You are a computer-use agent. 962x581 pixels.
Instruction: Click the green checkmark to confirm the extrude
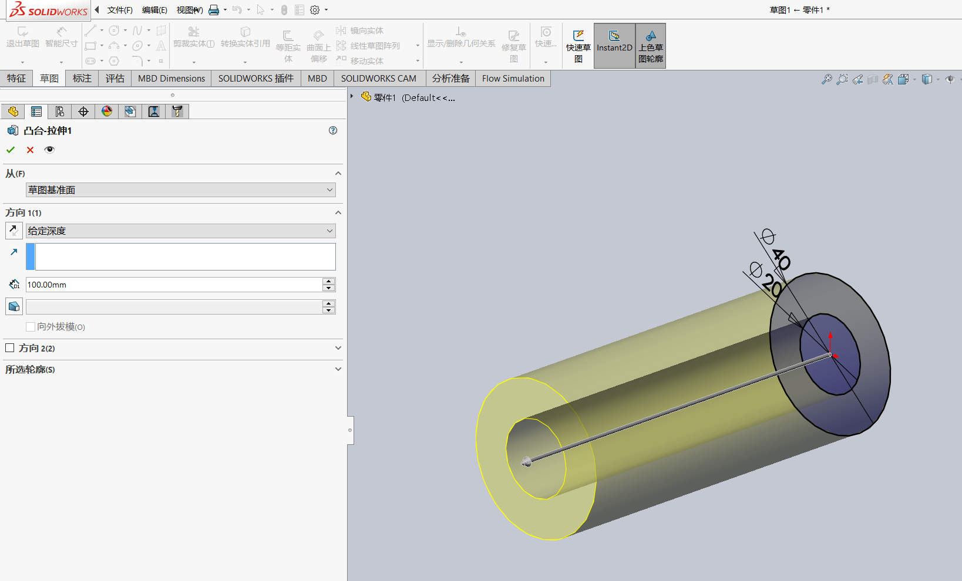click(x=11, y=150)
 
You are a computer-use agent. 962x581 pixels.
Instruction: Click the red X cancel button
click(x=30, y=150)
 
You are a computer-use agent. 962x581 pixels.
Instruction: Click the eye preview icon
click(x=49, y=150)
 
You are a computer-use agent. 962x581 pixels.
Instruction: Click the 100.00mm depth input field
click(x=174, y=285)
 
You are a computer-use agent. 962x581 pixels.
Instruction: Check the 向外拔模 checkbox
click(x=31, y=327)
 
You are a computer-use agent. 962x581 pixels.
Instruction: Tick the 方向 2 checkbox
click(x=10, y=348)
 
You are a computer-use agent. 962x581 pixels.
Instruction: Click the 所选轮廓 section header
click(x=31, y=370)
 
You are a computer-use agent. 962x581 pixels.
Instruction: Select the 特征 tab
click(x=16, y=79)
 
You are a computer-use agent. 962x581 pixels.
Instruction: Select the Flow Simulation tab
click(x=513, y=79)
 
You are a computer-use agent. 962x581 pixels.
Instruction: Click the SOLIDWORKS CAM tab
click(x=378, y=79)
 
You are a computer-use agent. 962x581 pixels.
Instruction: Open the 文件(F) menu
click(x=120, y=10)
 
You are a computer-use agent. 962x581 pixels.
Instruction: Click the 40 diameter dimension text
click(x=781, y=259)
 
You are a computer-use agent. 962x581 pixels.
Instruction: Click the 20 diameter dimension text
click(x=772, y=286)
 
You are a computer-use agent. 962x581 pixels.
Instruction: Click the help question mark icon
click(x=333, y=130)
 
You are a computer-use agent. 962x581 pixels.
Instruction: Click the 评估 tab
click(x=115, y=79)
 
